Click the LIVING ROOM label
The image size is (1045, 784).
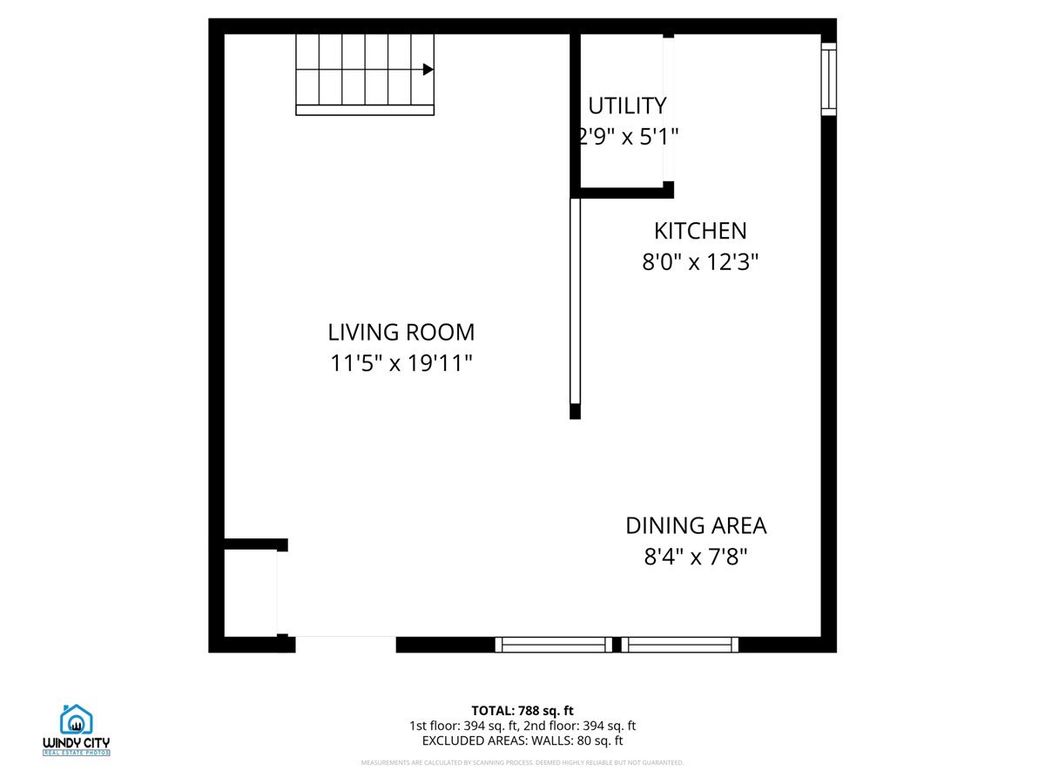(401, 332)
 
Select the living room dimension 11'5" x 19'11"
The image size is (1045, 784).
(401, 362)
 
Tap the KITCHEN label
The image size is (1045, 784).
(700, 231)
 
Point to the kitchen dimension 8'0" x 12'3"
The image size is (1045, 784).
(700, 261)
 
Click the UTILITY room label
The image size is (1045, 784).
(627, 106)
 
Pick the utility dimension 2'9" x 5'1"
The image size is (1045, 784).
(627, 137)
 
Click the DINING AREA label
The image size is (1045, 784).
(696, 526)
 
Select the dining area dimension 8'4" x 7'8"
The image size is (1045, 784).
(696, 557)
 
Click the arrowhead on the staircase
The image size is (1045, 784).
(428, 70)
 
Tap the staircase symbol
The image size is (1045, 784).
(364, 74)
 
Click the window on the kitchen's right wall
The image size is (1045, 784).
(828, 79)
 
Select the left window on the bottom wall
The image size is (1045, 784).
(554, 645)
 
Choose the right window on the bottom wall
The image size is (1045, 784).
(680, 645)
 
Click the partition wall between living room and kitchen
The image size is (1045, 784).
(575, 305)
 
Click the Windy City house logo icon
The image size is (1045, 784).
(77, 720)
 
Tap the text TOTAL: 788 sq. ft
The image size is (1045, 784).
(522, 710)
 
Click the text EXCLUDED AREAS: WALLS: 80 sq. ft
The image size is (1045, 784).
(522, 740)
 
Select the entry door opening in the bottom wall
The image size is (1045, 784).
(346, 644)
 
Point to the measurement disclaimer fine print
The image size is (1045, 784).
(522, 763)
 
